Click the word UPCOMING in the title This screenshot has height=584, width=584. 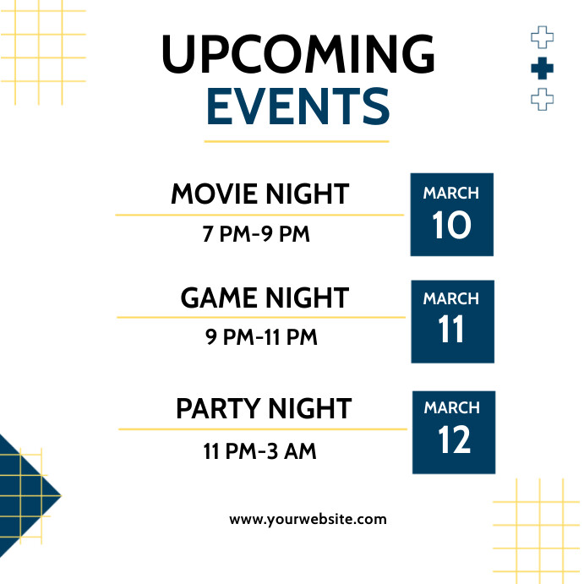(x=297, y=55)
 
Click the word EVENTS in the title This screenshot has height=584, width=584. (x=297, y=108)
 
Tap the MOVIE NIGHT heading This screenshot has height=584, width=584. (x=259, y=194)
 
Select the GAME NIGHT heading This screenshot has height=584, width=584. (x=264, y=297)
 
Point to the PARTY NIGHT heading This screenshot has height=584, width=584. (x=263, y=409)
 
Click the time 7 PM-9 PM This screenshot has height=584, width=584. (x=256, y=234)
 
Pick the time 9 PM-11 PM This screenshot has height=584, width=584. (x=261, y=337)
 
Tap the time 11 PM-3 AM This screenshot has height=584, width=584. (x=259, y=451)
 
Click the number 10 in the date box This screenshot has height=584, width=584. (x=451, y=226)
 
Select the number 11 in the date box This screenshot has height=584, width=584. (x=452, y=330)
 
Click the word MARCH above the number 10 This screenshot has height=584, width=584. (x=451, y=194)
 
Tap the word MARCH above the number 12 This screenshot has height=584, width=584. (x=452, y=408)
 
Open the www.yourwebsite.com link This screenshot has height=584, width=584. (x=308, y=519)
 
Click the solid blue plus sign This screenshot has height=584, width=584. (x=542, y=69)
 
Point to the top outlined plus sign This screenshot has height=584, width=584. (x=542, y=37)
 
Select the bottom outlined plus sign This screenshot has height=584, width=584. (x=542, y=100)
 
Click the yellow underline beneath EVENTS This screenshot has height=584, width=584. (x=297, y=141)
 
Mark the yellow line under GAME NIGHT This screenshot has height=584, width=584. (x=261, y=318)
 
